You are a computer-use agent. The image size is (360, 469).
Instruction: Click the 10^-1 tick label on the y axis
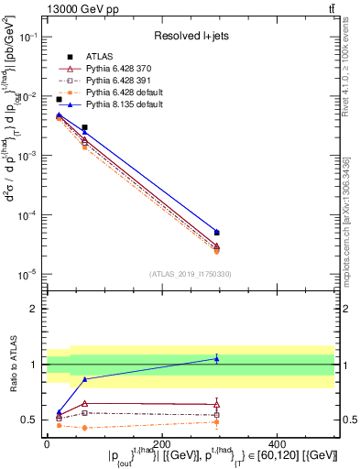coord(27,37)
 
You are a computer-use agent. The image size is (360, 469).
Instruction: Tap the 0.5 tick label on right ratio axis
coord(350,420)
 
